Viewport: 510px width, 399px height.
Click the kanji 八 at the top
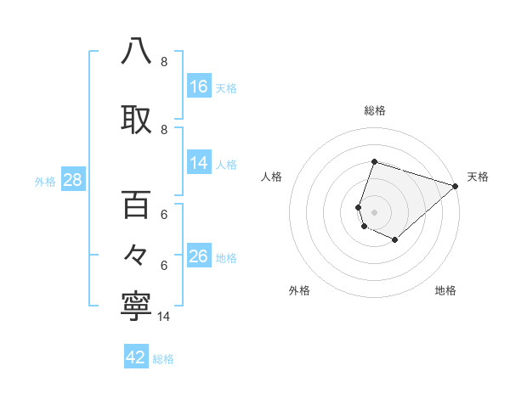click(x=137, y=52)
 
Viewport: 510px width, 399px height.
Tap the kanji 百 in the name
click(x=137, y=205)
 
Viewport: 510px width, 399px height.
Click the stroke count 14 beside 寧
click(x=165, y=318)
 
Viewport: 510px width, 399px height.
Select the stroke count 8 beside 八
click(x=164, y=62)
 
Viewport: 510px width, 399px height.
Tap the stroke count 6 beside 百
click(x=164, y=215)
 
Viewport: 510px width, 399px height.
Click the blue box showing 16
click(x=199, y=86)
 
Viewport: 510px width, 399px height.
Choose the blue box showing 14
click(x=199, y=164)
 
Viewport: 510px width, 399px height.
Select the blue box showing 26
click(x=199, y=256)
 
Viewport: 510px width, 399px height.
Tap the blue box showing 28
click(x=71, y=180)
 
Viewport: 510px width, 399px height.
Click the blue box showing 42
click(x=136, y=357)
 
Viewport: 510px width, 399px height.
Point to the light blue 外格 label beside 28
click(x=45, y=181)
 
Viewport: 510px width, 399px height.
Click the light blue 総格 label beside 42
click(x=163, y=359)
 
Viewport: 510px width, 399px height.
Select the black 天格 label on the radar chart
click(x=478, y=177)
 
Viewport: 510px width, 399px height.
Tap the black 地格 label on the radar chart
click(x=445, y=290)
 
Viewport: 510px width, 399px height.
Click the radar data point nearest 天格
click(x=456, y=186)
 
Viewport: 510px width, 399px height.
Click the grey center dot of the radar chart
click(x=374, y=211)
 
